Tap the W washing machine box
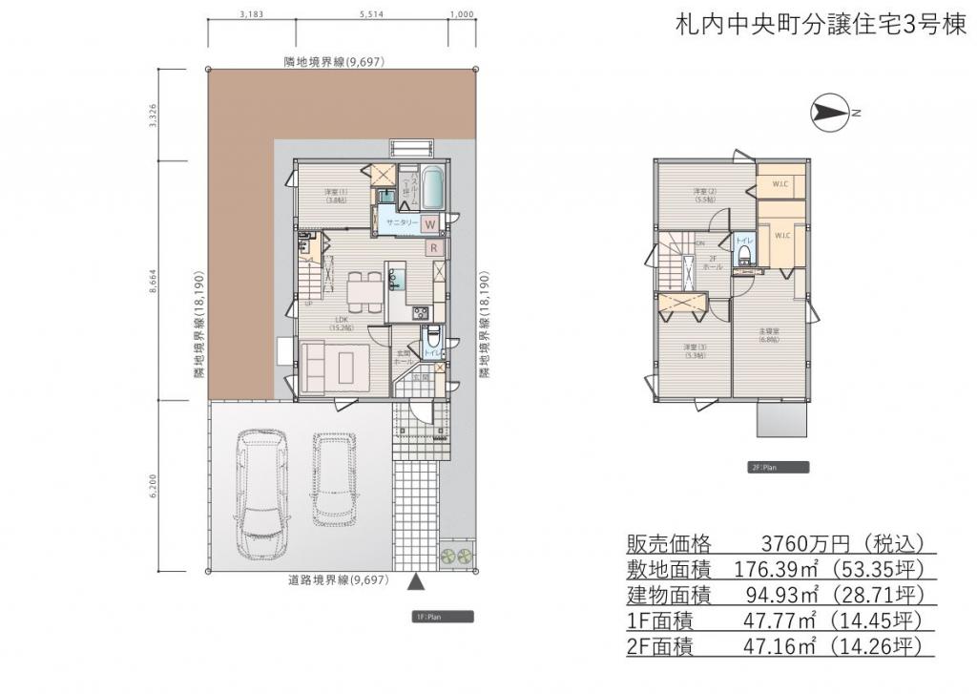pos(430,224)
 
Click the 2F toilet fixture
pos(743,254)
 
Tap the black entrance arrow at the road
pos(416,581)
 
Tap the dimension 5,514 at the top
pos(373,14)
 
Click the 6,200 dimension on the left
pos(151,485)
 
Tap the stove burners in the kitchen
pos(419,313)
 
